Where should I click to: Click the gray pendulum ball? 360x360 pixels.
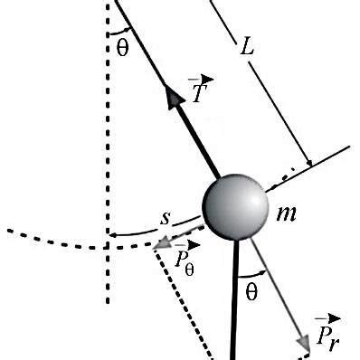click(234, 208)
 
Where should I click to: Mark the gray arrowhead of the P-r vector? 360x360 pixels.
click(305, 345)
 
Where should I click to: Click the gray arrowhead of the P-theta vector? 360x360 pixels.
click(161, 242)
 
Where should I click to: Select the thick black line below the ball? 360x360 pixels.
click(235, 298)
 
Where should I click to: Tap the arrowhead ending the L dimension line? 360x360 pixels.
click(308, 163)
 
